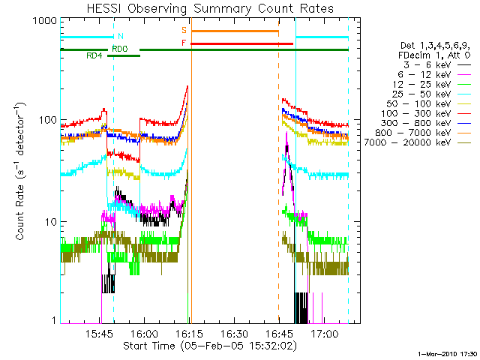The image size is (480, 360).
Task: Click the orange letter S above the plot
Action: click(x=184, y=30)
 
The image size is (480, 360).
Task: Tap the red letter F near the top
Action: click(x=184, y=43)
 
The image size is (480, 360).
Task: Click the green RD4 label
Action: click(x=94, y=55)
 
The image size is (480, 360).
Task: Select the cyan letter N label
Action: click(x=121, y=36)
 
